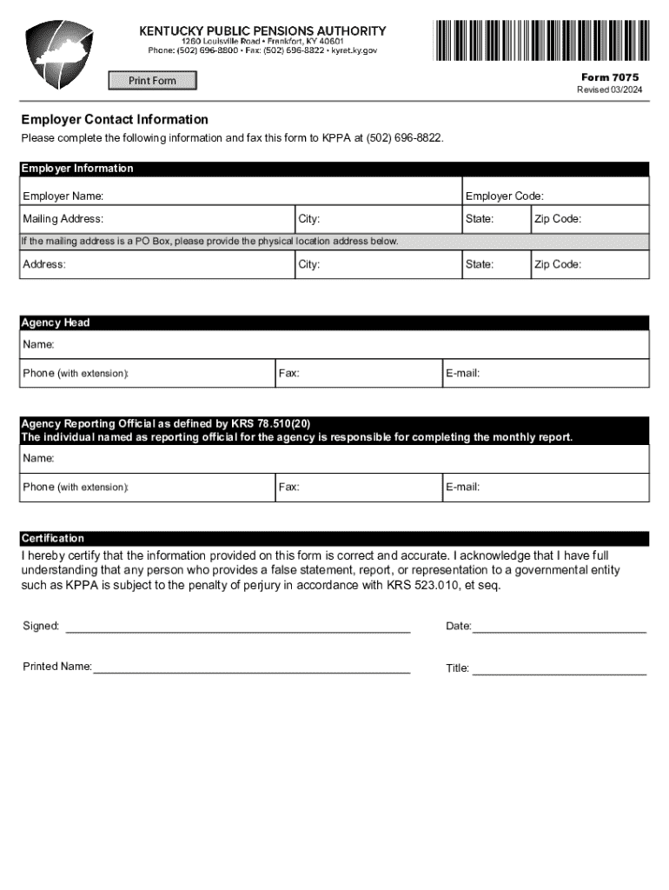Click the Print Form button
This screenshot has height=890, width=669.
pyautogui.click(x=152, y=81)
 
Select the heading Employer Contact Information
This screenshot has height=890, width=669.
pyautogui.click(x=115, y=119)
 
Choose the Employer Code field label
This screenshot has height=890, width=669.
pyautogui.click(x=505, y=196)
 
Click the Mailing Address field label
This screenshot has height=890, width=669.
pyautogui.click(x=63, y=219)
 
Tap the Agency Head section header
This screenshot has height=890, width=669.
pyautogui.click(x=56, y=322)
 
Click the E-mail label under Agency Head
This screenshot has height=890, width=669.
pyautogui.click(x=463, y=374)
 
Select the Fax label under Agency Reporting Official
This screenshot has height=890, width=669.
pyautogui.click(x=289, y=488)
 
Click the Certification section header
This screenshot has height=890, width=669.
pyautogui.click(x=53, y=538)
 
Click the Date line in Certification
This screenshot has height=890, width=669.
pyautogui.click(x=559, y=628)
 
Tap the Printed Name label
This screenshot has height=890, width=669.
pyautogui.click(x=57, y=667)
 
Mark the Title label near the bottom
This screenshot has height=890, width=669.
pyautogui.click(x=458, y=668)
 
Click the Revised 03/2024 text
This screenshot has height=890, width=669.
pyautogui.click(x=610, y=90)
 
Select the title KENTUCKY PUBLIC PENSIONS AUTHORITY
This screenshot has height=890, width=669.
pyautogui.click(x=263, y=30)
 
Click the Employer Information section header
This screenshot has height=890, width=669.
pyautogui.click(x=78, y=169)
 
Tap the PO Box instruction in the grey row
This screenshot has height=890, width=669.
pyautogui.click(x=210, y=241)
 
